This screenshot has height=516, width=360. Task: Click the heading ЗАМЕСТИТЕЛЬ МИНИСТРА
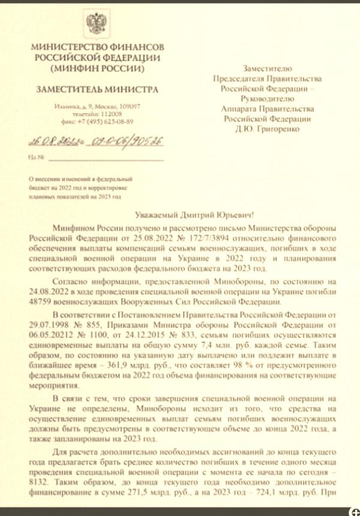click(x=97, y=89)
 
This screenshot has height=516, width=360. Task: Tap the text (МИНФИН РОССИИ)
click(x=97, y=68)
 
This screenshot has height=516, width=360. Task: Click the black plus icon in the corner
click(x=355, y=511)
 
